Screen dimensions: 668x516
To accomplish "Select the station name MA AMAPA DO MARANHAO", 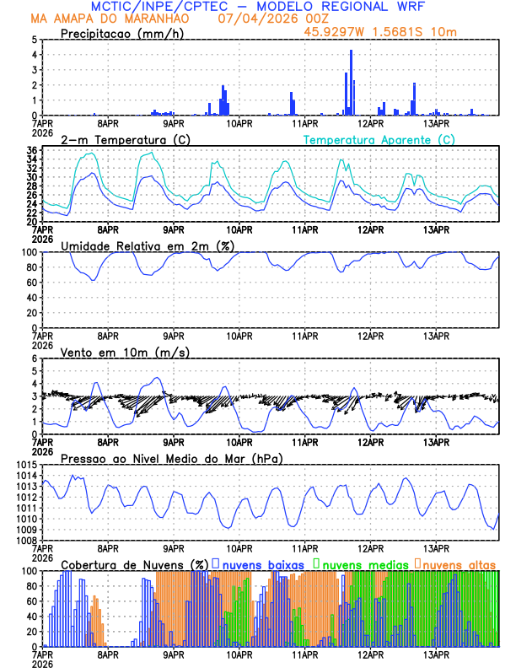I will [110, 19].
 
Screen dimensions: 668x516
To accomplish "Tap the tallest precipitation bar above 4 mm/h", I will [351, 83].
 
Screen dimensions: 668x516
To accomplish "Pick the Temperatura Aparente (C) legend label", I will [379, 139].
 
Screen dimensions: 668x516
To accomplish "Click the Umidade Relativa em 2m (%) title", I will [148, 245].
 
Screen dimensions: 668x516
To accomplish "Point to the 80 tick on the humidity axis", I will [31, 267].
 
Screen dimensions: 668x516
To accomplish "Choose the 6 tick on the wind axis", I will [34, 358].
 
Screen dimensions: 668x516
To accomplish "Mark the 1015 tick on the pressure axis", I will [25, 466].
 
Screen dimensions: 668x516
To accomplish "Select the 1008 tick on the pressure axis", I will [25, 540].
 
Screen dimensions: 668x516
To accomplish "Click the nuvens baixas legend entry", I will [262, 563].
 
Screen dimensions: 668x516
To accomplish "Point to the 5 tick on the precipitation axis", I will [34, 40].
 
